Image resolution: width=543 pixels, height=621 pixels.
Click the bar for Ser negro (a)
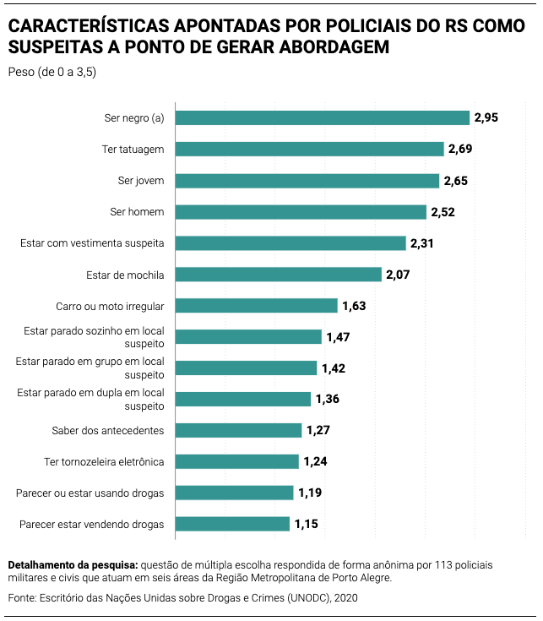click(x=322, y=117)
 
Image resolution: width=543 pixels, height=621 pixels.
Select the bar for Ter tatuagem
click(x=309, y=149)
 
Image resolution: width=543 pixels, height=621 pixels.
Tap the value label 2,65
click(x=455, y=181)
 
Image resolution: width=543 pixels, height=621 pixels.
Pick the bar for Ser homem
click(x=301, y=212)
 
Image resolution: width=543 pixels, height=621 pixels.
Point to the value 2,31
click(x=422, y=243)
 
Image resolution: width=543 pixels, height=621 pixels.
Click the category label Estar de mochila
click(x=125, y=275)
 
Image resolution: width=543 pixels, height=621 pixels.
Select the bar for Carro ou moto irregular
click(x=256, y=306)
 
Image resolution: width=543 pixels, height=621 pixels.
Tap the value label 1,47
click(x=338, y=337)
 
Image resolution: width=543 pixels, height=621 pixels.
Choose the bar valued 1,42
click(x=246, y=368)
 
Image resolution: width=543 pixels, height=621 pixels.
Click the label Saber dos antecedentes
click(x=108, y=430)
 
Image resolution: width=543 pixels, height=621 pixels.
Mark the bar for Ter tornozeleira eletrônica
click(x=237, y=461)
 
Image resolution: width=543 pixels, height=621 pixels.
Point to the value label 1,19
click(x=310, y=493)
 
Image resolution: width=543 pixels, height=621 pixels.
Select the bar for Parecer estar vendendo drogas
click(x=232, y=524)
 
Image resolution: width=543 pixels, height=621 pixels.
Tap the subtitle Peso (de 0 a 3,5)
click(x=52, y=72)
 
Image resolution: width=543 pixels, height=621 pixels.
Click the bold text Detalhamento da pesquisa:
click(x=72, y=564)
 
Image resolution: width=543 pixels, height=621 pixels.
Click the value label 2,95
click(x=486, y=117)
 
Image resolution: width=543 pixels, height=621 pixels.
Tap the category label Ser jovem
click(x=141, y=181)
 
